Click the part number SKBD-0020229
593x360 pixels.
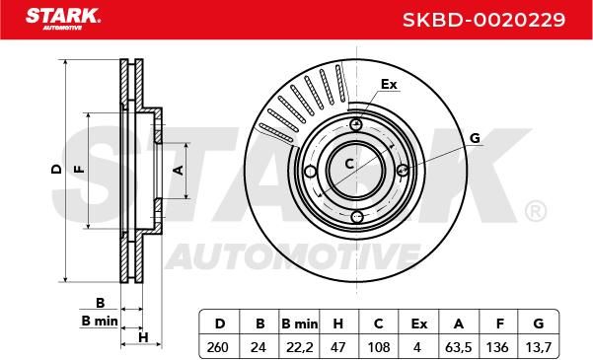point(483,20)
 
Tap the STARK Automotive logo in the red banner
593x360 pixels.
point(63,19)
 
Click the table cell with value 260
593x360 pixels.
point(218,347)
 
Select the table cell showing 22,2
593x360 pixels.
point(299,347)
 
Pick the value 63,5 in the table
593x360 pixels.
point(458,347)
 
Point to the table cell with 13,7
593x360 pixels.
point(538,347)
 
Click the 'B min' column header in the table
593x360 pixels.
point(300,324)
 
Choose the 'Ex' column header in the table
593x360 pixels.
point(419,324)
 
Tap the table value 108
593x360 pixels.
point(379,347)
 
